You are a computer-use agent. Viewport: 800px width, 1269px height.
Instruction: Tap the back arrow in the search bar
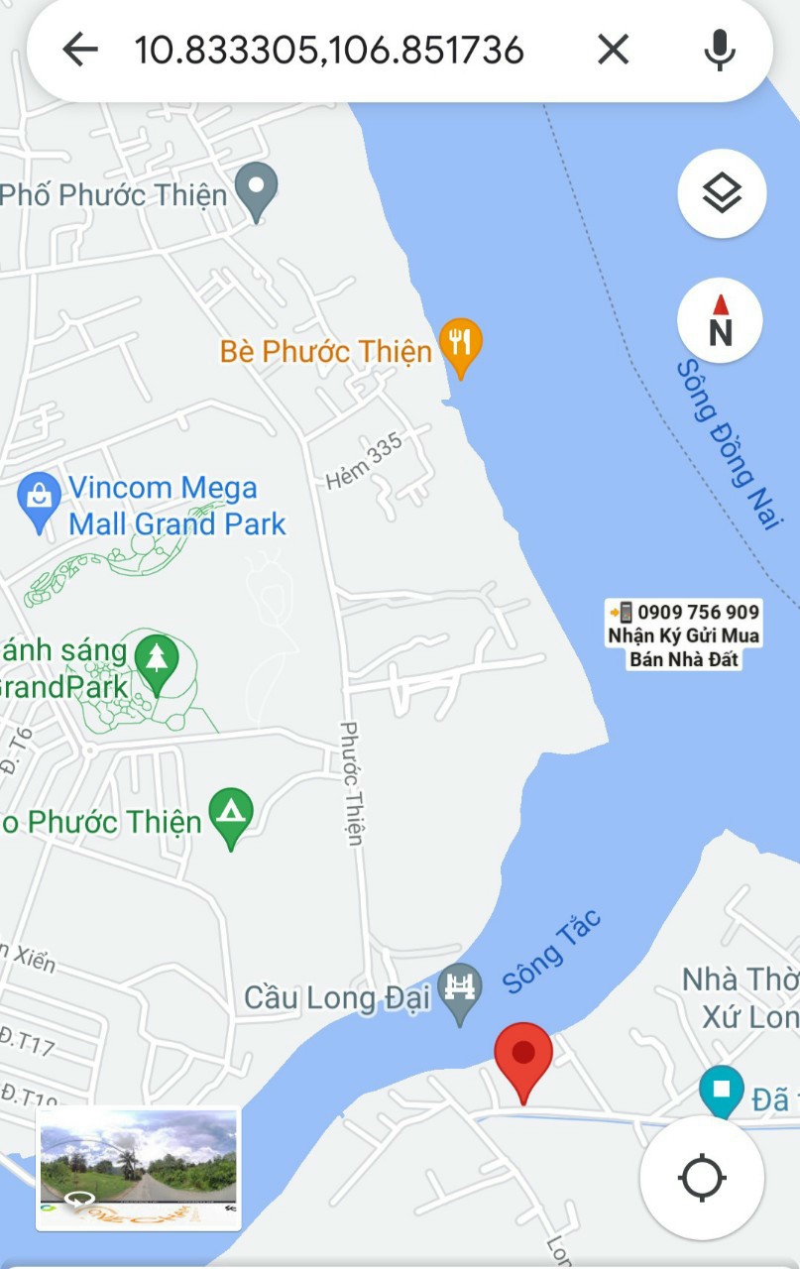pyautogui.click(x=80, y=49)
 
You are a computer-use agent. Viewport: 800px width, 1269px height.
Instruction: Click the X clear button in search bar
pyautogui.click(x=613, y=49)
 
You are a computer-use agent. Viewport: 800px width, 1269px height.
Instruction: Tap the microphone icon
pyautogui.click(x=720, y=49)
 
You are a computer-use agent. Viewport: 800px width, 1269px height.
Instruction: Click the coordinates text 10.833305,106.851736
pyautogui.click(x=328, y=50)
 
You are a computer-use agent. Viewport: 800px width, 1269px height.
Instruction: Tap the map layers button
pyautogui.click(x=721, y=193)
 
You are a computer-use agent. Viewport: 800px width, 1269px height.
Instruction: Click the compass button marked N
pyautogui.click(x=721, y=321)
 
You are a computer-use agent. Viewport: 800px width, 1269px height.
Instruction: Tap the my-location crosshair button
pyautogui.click(x=702, y=1178)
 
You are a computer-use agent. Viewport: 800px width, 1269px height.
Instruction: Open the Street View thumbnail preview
pyautogui.click(x=138, y=1168)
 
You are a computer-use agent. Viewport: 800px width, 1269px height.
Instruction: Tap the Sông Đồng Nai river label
pyautogui.click(x=727, y=443)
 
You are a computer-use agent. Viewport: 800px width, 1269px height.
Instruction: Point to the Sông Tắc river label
pyautogui.click(x=552, y=951)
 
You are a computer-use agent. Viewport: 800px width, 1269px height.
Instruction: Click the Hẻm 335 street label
pyautogui.click(x=365, y=461)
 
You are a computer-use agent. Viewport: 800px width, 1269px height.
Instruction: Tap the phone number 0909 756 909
pyautogui.click(x=699, y=612)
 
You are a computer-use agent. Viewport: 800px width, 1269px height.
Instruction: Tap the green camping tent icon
pyautogui.click(x=232, y=814)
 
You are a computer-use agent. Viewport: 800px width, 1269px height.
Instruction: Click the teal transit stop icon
pyautogui.click(x=721, y=1090)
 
